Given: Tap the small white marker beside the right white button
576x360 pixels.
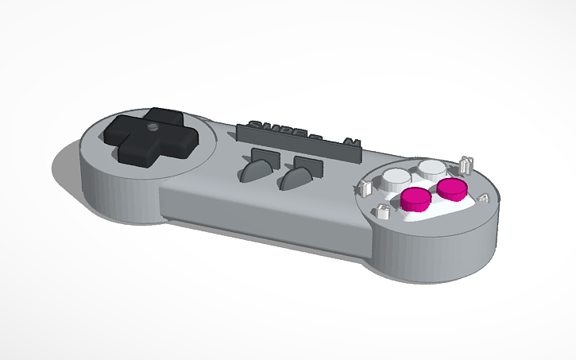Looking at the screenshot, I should pyautogui.click(x=466, y=165).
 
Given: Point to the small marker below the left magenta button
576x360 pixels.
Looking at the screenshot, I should pyautogui.click(x=381, y=211).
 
